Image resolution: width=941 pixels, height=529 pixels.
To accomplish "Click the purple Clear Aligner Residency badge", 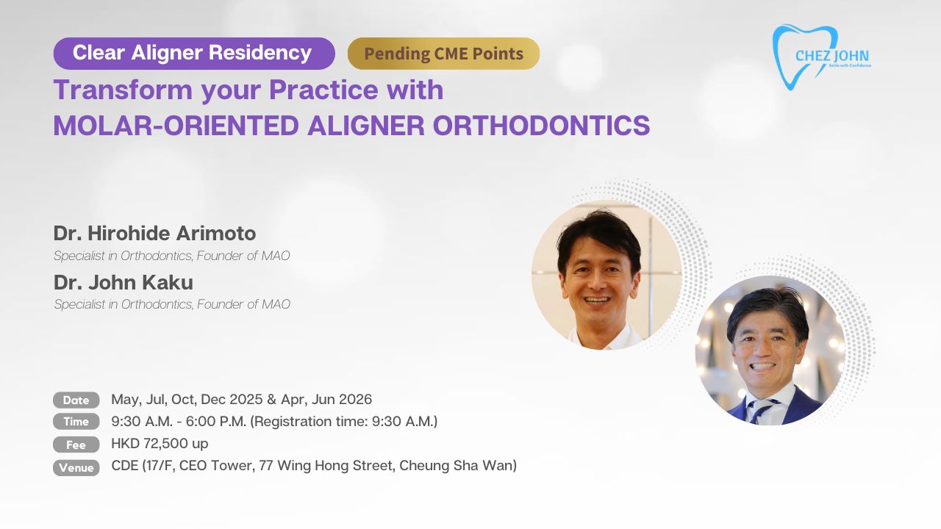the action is pyautogui.click(x=194, y=54).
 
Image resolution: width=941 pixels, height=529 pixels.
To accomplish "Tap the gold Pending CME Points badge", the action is pyautogui.click(x=443, y=54).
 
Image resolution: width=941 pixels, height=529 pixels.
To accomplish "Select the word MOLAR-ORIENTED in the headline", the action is pyautogui.click(x=176, y=126).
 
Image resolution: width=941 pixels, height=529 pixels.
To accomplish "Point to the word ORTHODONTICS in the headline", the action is pyautogui.click(x=541, y=126).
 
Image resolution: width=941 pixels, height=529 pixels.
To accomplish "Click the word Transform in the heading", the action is pyautogui.click(x=123, y=90).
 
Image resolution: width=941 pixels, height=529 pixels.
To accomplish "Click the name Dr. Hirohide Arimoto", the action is pyautogui.click(x=154, y=234).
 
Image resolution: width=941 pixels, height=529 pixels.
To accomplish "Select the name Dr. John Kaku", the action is pyautogui.click(x=123, y=282).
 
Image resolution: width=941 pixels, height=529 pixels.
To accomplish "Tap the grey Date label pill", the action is pyautogui.click(x=76, y=400).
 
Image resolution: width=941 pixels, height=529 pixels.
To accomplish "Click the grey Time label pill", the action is pyautogui.click(x=76, y=422).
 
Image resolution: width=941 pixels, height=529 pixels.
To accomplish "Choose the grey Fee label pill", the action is pyautogui.click(x=76, y=445).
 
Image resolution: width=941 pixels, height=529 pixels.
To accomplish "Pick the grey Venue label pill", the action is pyautogui.click(x=76, y=468).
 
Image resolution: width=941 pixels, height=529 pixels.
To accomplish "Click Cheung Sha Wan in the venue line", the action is pyautogui.click(x=456, y=466).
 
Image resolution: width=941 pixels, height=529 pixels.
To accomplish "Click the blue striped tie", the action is pyautogui.click(x=762, y=410).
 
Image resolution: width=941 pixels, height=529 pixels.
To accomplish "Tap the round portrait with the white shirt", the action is pyautogui.click(x=607, y=275).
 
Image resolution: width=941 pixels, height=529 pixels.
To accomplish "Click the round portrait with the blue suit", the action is pyautogui.click(x=770, y=350).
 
